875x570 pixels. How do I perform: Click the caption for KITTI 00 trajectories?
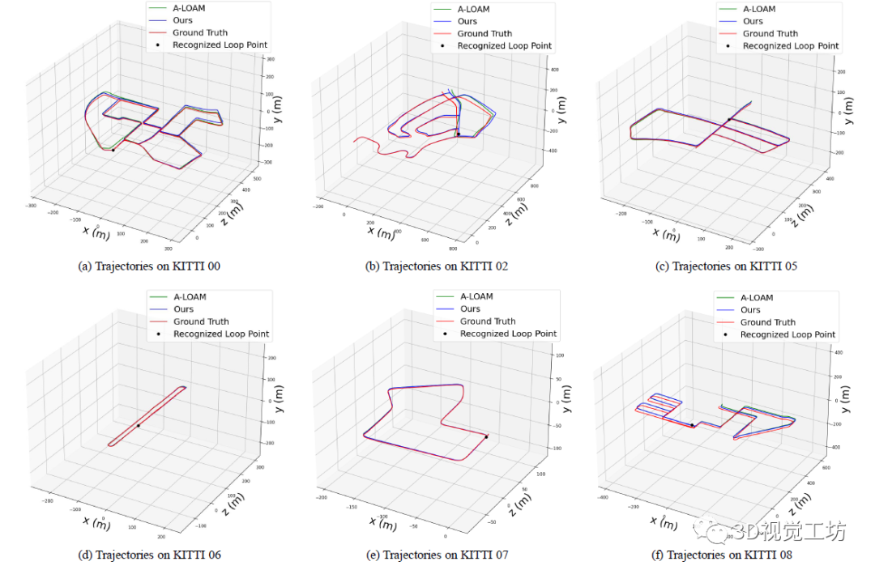149,266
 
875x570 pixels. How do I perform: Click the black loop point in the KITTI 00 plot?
113,150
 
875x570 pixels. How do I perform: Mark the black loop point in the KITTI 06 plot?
139,425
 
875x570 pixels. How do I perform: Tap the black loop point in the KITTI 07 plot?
486,437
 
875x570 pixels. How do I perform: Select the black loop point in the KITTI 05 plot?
728,120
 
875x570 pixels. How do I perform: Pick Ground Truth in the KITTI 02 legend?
484,34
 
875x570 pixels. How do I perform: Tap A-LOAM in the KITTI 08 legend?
758,297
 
